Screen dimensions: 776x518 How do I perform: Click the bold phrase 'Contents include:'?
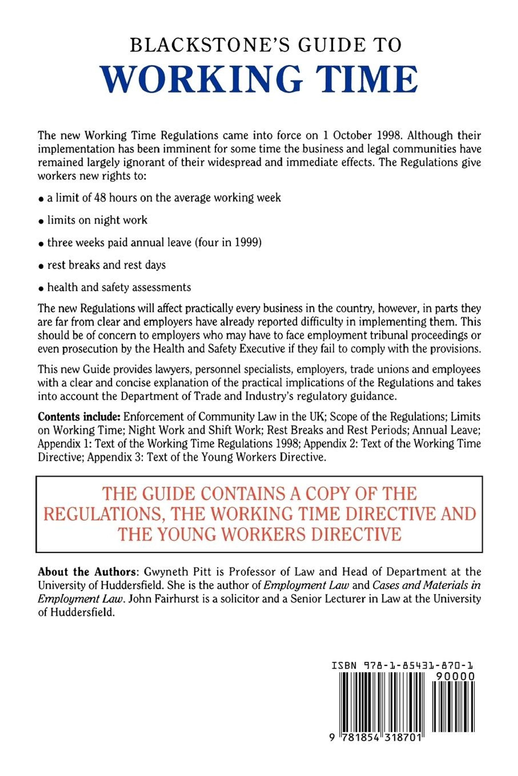click(x=79, y=417)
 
